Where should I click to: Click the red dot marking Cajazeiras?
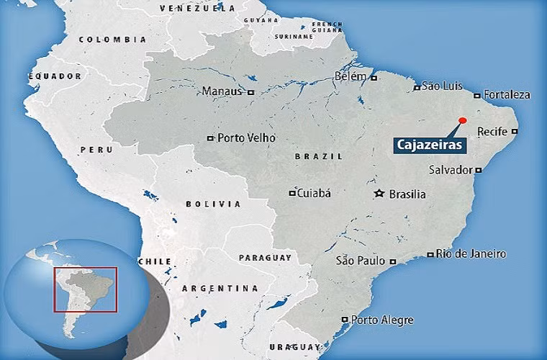(463, 120)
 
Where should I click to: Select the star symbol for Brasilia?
(379, 194)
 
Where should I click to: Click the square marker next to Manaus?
(250, 92)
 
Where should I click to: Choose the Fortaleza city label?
(507, 94)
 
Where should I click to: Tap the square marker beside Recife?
(515, 131)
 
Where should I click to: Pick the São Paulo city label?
(361, 260)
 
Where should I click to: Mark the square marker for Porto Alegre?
(345, 319)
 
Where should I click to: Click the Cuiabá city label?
(314, 192)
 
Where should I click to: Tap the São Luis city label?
(440, 86)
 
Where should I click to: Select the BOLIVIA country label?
(213, 204)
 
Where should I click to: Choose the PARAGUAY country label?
(265, 257)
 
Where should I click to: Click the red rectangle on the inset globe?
(85, 289)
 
